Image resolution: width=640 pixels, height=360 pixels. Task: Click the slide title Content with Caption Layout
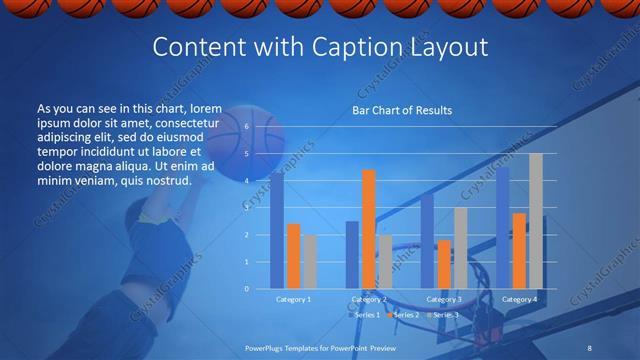click(319, 47)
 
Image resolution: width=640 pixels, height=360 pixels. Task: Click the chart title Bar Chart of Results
click(401, 110)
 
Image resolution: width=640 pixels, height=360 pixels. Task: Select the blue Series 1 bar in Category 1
click(277, 230)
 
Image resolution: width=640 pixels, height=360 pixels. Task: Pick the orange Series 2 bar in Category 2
click(369, 229)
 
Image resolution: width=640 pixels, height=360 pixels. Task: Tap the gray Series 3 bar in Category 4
click(535, 221)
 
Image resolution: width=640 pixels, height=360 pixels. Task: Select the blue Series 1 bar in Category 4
click(503, 228)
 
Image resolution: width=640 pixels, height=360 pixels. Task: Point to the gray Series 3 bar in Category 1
click(310, 262)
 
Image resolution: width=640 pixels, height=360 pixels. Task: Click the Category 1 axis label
click(294, 299)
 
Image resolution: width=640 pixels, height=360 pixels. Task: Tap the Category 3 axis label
click(444, 299)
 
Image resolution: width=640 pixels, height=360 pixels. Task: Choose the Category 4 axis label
click(519, 299)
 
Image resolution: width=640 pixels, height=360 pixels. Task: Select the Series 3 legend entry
click(446, 315)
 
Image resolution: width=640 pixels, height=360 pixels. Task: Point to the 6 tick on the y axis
click(246, 127)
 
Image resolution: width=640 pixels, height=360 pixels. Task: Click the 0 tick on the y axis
click(246, 289)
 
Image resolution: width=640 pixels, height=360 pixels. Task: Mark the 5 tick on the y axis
click(246, 154)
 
